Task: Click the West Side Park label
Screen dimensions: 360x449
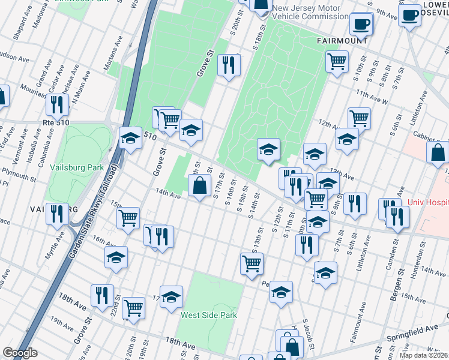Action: coord(209,315)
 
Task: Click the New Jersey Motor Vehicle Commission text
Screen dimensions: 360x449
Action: coord(310,13)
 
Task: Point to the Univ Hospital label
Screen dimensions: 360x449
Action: coord(427,203)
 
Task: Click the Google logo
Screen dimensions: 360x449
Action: coord(20,353)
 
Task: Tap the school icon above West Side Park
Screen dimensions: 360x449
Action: coord(171,296)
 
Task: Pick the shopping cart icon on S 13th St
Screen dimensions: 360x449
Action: coord(252,263)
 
